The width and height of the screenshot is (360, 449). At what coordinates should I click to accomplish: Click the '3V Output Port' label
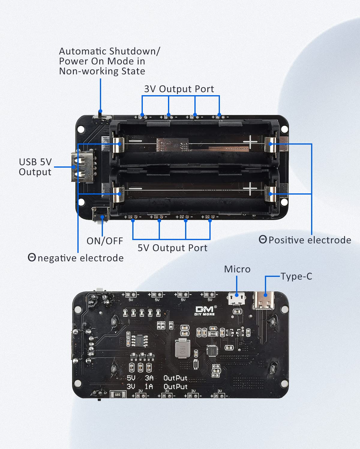pos(179,89)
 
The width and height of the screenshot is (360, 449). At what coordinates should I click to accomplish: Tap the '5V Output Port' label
pos(172,248)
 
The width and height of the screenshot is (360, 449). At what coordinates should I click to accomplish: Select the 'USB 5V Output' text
pos(35,167)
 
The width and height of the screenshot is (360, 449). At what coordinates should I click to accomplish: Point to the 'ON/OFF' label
pos(105,241)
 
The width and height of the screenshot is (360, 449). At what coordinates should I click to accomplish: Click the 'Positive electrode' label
pos(309,240)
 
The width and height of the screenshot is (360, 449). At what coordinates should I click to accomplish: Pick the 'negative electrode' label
pos(80,258)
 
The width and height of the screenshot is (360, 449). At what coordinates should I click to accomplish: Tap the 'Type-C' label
pos(296,276)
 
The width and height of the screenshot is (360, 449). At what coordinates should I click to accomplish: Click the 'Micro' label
pos(237,269)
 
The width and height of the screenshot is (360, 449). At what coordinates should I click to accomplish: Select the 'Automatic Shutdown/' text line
pos(109,51)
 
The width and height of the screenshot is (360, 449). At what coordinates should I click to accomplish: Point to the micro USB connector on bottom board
pos(237,298)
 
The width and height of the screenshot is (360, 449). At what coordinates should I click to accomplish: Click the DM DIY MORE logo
pos(205,311)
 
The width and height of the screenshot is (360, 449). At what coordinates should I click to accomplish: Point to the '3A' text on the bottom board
pos(149,378)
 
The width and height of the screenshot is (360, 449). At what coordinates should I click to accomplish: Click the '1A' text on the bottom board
pos(149,387)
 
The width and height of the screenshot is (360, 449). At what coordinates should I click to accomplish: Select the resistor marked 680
pos(117,395)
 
